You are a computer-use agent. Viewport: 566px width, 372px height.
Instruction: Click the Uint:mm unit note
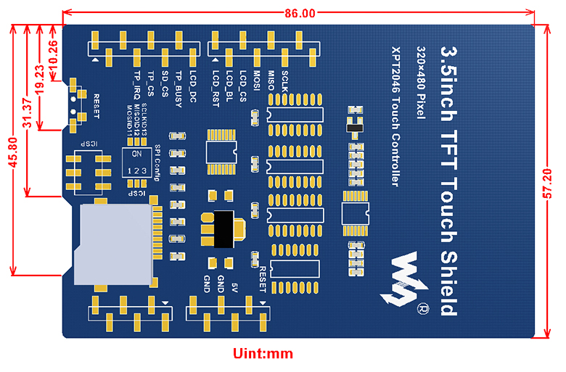coord(262,354)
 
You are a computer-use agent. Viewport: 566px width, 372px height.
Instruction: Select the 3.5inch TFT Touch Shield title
coord(450,181)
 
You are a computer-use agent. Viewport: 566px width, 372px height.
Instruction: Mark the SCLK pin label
coord(284,80)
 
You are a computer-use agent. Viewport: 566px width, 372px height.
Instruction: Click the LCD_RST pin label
coord(216,88)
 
